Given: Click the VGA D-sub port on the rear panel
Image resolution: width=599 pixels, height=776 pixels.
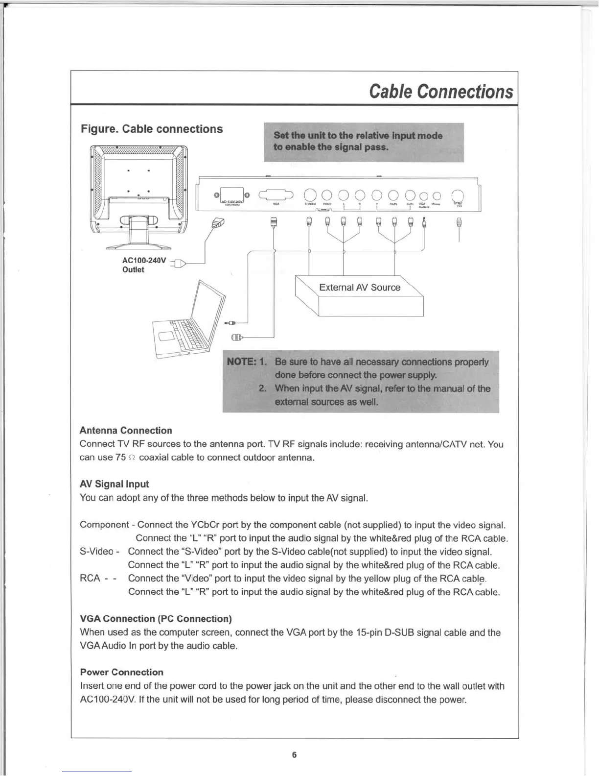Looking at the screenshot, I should [x=276, y=195].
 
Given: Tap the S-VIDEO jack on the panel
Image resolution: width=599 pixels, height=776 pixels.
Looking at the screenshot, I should [x=310, y=195].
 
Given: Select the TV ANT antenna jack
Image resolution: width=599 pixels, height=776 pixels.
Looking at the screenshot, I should [x=458, y=195].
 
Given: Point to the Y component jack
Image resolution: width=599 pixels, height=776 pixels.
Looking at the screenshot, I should [x=377, y=195].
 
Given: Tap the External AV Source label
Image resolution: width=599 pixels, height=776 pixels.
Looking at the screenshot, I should [x=359, y=288].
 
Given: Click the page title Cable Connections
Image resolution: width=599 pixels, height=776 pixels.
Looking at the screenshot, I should [x=441, y=92].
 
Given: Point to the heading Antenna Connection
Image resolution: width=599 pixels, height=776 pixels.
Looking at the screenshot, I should [x=126, y=431].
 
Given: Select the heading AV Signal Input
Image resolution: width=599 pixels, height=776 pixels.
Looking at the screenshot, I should [x=114, y=484].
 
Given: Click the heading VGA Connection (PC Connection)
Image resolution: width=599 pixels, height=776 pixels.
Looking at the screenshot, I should [x=156, y=619].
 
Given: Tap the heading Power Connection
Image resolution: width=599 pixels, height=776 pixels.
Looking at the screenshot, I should [x=121, y=672].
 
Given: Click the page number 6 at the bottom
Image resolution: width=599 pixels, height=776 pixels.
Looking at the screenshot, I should [x=294, y=755].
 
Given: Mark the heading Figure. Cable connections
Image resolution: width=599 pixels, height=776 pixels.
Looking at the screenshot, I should [x=152, y=129].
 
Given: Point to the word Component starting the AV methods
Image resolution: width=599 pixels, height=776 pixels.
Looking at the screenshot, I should [x=104, y=525].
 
